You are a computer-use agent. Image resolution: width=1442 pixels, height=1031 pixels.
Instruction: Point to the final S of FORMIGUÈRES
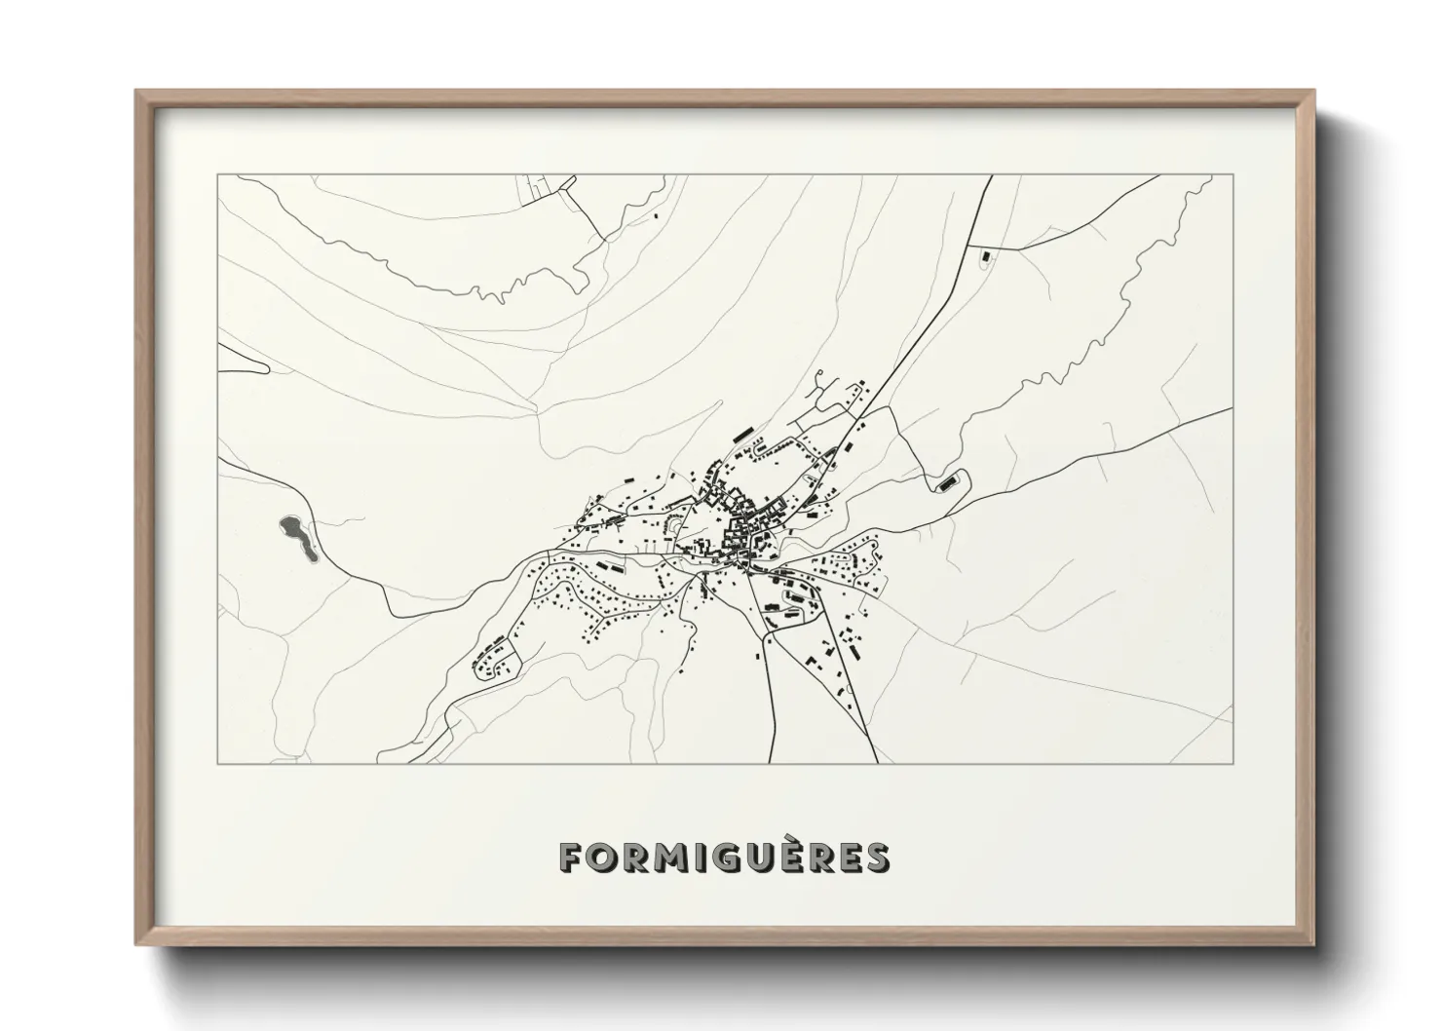click(x=876, y=857)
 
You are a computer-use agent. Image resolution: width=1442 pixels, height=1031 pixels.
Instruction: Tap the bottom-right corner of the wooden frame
click(x=1312, y=944)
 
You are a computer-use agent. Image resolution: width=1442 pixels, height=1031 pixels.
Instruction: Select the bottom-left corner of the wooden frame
click(x=137, y=944)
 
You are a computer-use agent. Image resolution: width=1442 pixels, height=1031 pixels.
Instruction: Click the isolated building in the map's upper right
click(x=983, y=257)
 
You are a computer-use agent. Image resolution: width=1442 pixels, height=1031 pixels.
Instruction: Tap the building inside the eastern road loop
click(x=944, y=483)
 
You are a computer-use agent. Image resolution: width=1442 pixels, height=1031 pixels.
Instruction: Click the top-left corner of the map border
click(x=218, y=175)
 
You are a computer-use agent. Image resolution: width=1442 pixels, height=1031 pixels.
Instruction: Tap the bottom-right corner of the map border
click(x=1233, y=763)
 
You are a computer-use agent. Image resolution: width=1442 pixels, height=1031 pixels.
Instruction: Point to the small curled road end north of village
click(x=821, y=376)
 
